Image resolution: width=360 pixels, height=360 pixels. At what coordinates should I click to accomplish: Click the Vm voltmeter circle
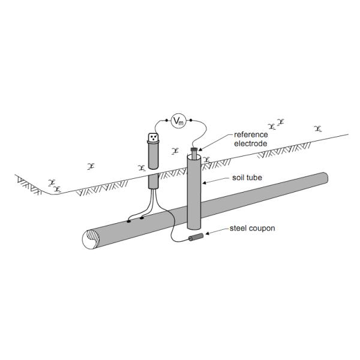178,121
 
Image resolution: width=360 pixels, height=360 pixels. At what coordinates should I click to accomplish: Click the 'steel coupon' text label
253,229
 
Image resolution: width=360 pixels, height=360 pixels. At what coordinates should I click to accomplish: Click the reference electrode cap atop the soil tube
193,150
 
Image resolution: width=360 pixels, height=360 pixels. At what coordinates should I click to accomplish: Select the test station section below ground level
153,180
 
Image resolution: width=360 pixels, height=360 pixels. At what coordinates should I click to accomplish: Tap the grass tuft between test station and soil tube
175,150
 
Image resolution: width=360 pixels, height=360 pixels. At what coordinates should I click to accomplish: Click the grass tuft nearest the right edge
318,128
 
